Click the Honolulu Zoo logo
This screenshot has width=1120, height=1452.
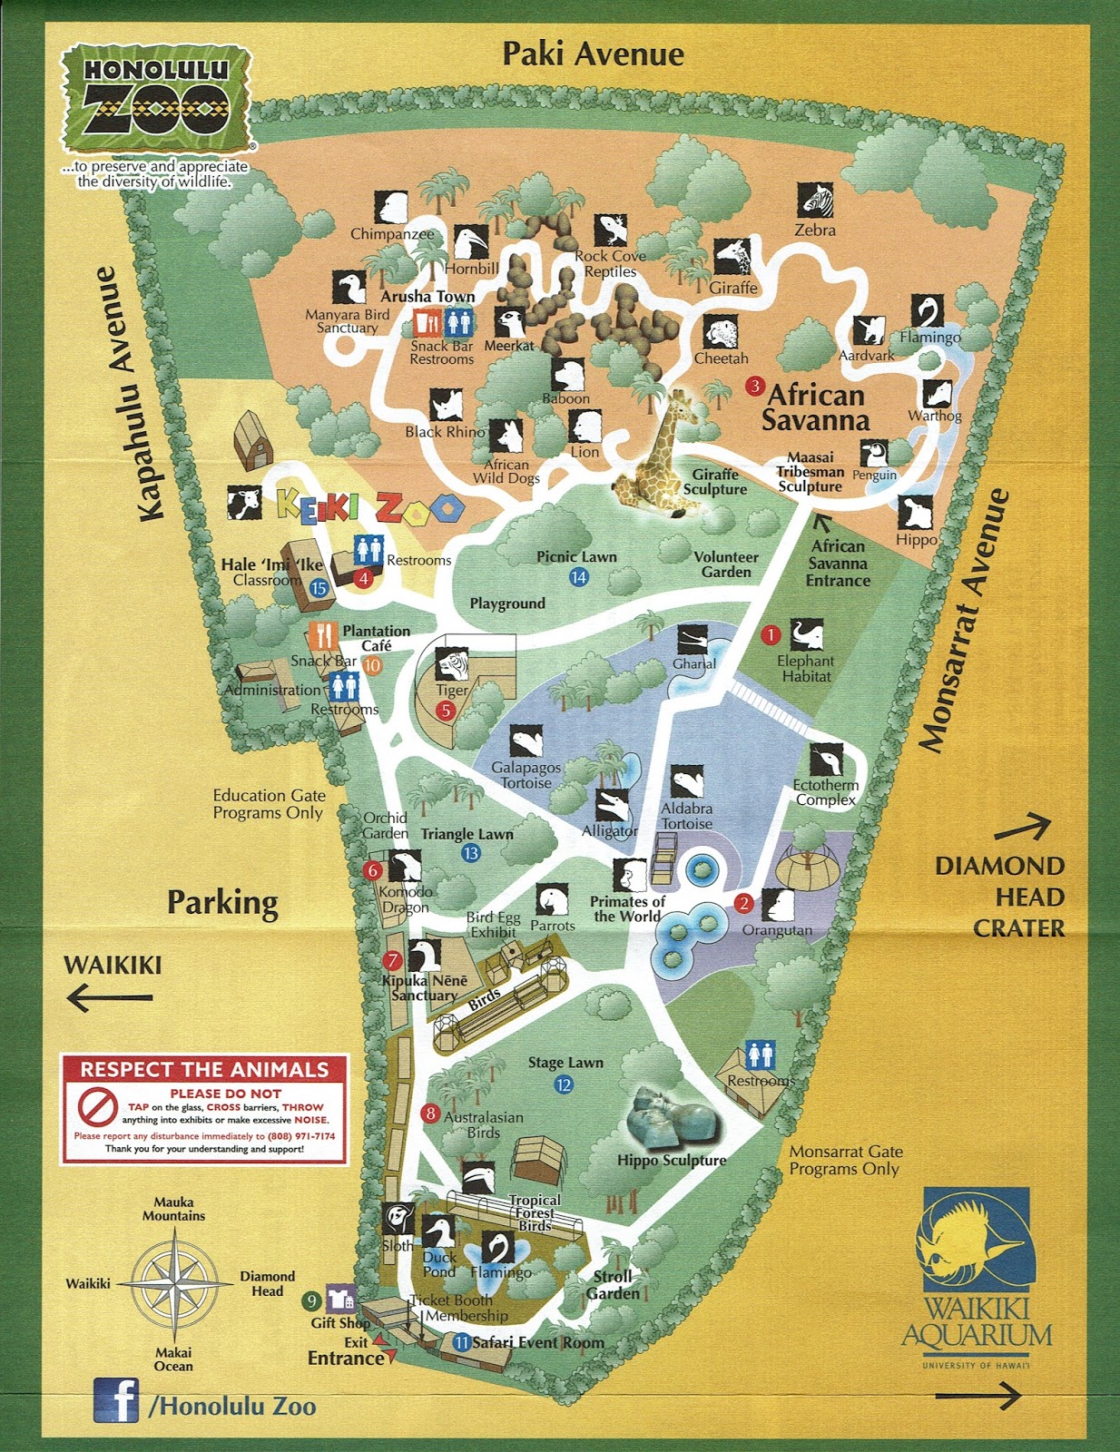click(x=156, y=100)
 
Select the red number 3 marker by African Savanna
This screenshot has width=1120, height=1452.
click(x=754, y=386)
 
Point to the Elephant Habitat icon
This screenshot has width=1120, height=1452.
click(x=806, y=635)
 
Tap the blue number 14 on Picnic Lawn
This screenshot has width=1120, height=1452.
click(x=579, y=577)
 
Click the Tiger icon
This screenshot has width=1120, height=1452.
click(x=452, y=666)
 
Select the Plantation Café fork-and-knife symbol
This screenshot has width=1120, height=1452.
click(x=323, y=636)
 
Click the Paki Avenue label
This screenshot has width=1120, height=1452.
click(x=593, y=54)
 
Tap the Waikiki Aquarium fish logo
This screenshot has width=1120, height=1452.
click(x=976, y=1240)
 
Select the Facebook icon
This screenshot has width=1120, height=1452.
click(x=116, y=1399)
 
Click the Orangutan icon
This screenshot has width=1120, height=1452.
click(x=777, y=905)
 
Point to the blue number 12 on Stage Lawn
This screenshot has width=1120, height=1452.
click(x=564, y=1084)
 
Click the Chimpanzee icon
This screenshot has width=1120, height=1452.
click(x=392, y=208)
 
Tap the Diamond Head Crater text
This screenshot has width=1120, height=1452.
click(x=999, y=897)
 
